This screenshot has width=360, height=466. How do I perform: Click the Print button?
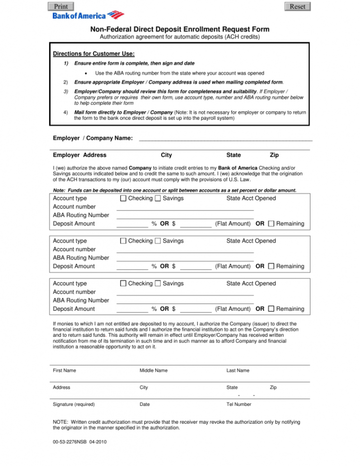click(61, 6)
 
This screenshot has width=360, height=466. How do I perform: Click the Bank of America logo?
click(88, 15)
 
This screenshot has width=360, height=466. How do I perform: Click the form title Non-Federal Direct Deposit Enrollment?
click(180, 29)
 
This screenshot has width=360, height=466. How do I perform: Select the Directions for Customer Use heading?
click(94, 53)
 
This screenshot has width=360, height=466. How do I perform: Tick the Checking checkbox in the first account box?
click(123, 198)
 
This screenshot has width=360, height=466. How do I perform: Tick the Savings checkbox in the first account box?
click(158, 198)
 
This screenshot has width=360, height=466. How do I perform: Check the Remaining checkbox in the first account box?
click(271, 223)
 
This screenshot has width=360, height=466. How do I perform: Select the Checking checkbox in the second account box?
click(123, 241)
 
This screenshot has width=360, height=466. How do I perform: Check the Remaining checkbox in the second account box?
click(271, 266)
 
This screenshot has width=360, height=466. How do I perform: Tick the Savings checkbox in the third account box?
click(158, 283)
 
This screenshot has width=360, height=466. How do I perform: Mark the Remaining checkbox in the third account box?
click(271, 309)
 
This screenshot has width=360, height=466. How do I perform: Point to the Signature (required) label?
click(74, 405)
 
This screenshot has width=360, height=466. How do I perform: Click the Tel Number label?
click(239, 405)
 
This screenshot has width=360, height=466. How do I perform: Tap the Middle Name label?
click(153, 370)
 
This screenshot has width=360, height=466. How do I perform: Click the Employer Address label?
click(80, 155)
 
